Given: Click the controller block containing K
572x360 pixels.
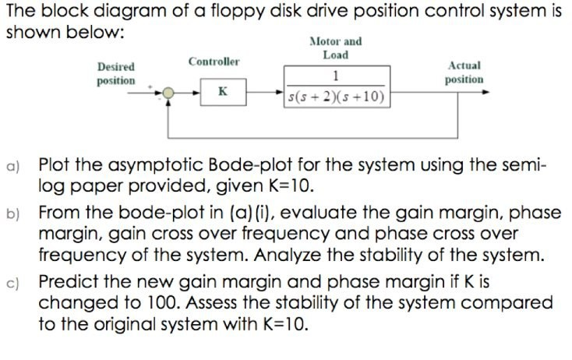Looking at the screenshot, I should point(222,93).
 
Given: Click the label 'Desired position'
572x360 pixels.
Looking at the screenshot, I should point(115,74).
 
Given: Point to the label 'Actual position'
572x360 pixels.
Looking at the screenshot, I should point(464,73).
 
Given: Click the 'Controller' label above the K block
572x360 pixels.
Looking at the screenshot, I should point(214,62).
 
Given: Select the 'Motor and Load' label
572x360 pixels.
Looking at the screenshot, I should point(335,48).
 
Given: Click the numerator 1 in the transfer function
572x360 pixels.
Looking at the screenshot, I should point(335,76).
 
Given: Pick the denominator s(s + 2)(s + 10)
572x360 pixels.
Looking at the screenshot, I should point(337,98).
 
